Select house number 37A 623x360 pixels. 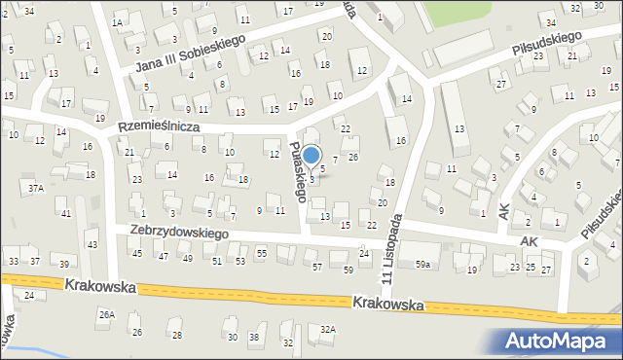click(x=36, y=188)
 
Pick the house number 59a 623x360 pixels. click(x=422, y=264)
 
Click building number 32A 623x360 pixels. click(x=328, y=330)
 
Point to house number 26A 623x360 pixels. click(x=106, y=314)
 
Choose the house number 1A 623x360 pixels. click(x=118, y=21)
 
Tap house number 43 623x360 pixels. click(x=92, y=244)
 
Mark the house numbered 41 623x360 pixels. click(x=65, y=213)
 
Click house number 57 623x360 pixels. click(x=316, y=267)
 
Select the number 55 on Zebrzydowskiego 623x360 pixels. click(x=261, y=253)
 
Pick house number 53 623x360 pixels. click(x=240, y=261)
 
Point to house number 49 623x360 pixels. click(x=187, y=258)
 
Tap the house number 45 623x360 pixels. click(x=137, y=254)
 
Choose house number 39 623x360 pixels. click(x=63, y=265)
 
